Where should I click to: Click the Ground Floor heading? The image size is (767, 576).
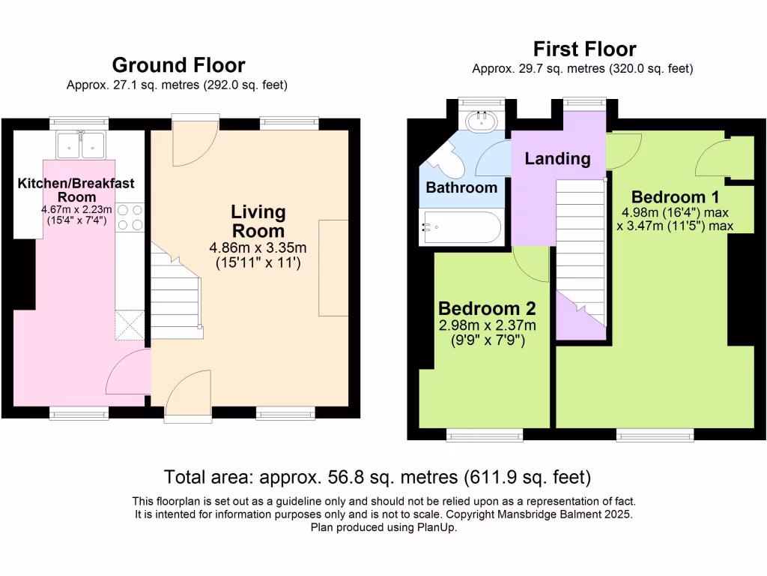[x=178, y=65]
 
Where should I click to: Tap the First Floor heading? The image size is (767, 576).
[x=584, y=49]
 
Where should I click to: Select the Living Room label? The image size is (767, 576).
[x=258, y=221]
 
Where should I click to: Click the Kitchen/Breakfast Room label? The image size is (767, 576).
[x=76, y=190]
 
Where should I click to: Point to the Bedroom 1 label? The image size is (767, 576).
[x=675, y=197]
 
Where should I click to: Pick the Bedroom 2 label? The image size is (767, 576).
[x=487, y=308]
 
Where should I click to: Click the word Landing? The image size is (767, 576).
[x=557, y=159]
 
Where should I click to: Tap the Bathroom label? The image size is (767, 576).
[x=461, y=187]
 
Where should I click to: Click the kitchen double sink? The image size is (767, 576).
[x=81, y=145]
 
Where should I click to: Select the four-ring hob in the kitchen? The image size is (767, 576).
[x=130, y=217]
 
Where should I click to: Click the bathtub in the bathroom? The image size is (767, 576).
[x=461, y=227]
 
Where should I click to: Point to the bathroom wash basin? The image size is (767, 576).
[x=482, y=121]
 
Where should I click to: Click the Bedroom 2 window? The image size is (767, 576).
[x=485, y=434]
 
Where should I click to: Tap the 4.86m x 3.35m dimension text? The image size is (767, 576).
[x=258, y=247]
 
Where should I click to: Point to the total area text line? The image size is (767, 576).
[x=378, y=476]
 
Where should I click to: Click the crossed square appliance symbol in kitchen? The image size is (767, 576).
[x=130, y=325]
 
